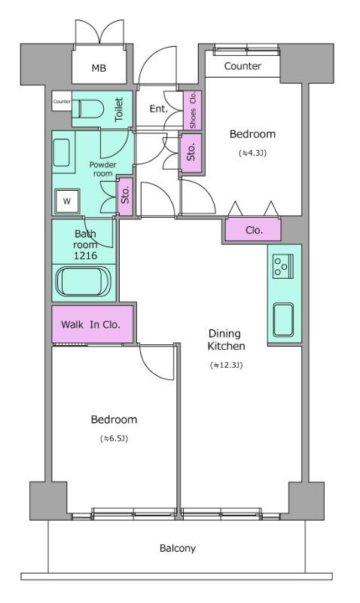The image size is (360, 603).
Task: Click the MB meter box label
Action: coord(99,69)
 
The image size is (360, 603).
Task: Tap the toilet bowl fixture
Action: coord(91,109)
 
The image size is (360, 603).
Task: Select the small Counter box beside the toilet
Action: coord(62,102)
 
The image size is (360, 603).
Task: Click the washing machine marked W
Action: coord(67,200)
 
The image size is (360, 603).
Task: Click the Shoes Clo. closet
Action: coord(193,110)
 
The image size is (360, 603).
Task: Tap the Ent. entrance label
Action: coord(159,109)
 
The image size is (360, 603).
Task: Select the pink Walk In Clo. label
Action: coord(90,325)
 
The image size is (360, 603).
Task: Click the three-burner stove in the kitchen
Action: coord(282,266)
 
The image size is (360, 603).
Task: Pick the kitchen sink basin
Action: coord(283,320)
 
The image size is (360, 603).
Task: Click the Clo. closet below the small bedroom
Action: coord(253,230)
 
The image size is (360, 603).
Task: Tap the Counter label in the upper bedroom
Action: coord(243,66)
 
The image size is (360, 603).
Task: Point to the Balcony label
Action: coord(178,548)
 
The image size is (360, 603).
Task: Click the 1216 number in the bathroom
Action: coord(85,256)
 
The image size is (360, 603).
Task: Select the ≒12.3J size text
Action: coord(227,365)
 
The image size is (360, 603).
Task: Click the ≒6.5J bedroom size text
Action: coord(114,438)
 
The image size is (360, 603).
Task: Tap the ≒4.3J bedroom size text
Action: coord(252,153)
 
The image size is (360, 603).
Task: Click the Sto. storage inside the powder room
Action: coord(125,197)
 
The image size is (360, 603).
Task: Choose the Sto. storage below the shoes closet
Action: coord(191,153)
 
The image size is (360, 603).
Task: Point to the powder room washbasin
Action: coord(62,153)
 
